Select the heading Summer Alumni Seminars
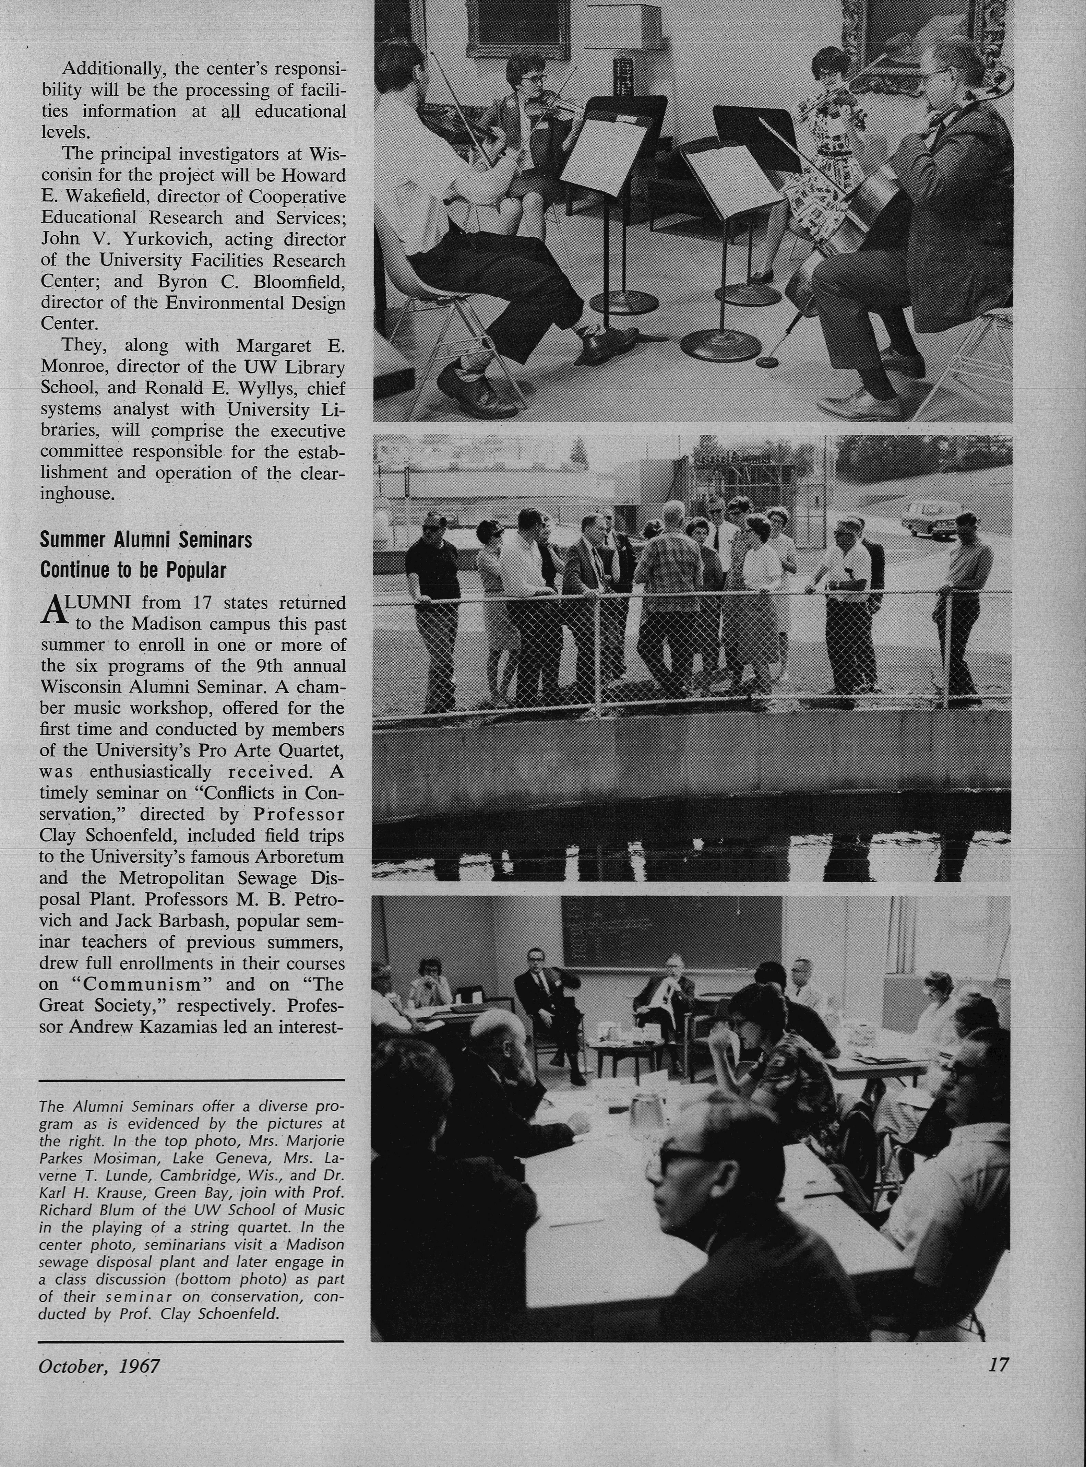[x=146, y=540]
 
